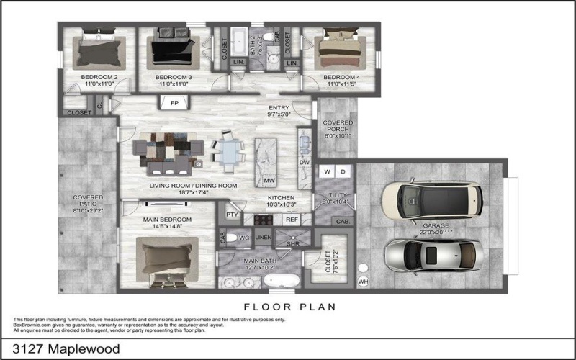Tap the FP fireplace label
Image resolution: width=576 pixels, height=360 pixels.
(x=174, y=103)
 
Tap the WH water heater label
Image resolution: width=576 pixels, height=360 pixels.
(x=363, y=280)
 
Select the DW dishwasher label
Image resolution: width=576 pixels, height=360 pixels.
(x=304, y=163)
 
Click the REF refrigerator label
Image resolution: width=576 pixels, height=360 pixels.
(x=292, y=220)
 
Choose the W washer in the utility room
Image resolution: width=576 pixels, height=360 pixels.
(x=327, y=171)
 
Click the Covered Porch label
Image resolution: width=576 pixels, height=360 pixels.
(x=337, y=129)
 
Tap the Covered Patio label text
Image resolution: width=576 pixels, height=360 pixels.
(x=88, y=204)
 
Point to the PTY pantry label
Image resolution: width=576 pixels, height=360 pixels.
(x=232, y=215)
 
